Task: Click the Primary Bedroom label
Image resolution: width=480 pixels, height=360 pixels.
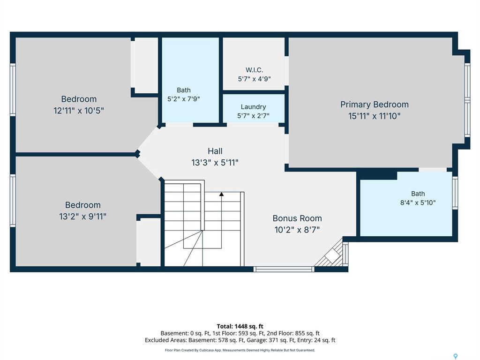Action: [375, 105]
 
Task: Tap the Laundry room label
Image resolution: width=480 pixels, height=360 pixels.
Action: [253, 107]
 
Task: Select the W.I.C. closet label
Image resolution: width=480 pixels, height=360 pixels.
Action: [254, 70]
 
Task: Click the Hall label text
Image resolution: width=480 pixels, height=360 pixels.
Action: [215, 151]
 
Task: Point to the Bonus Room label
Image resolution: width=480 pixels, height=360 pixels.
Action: [297, 218]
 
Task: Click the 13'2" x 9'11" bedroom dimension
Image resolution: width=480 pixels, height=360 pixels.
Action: [82, 217]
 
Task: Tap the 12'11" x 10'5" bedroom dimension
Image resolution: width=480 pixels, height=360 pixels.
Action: [79, 111]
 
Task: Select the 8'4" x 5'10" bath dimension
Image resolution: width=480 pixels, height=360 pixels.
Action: [418, 202]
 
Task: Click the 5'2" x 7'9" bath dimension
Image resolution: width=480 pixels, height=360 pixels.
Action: [184, 99]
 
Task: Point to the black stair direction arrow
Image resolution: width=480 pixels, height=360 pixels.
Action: [221, 194]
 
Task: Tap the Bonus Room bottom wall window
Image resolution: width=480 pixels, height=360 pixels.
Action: [284, 269]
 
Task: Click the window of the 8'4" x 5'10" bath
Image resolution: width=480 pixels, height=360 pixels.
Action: [455, 193]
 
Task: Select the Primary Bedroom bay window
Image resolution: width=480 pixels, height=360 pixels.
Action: [467, 100]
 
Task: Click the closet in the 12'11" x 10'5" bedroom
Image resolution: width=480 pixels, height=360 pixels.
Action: [144, 65]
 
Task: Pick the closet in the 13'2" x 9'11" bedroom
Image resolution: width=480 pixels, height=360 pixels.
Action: [149, 242]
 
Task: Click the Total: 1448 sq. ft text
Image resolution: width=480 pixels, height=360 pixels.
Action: [240, 326]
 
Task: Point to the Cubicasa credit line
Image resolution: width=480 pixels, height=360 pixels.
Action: [240, 350]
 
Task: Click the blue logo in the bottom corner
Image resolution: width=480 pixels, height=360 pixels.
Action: [456, 356]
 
